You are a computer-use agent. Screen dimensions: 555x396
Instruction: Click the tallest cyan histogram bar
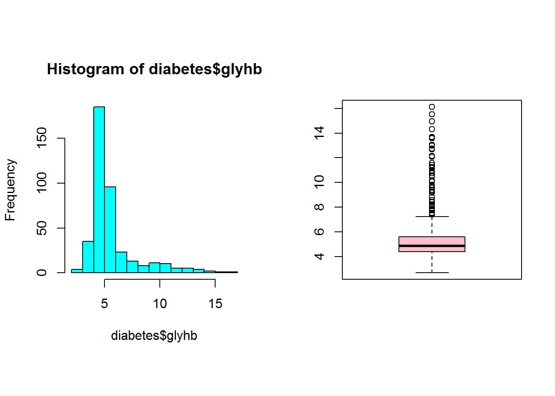click(99, 190)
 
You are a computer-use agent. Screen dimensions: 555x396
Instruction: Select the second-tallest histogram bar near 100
click(110, 230)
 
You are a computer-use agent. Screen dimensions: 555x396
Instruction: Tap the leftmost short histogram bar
click(77, 271)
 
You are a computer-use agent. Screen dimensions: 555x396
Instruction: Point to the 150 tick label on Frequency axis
click(42, 138)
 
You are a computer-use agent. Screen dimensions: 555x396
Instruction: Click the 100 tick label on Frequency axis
click(42, 183)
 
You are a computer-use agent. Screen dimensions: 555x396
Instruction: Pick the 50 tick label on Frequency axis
click(42, 228)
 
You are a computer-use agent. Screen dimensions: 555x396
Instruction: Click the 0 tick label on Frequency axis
click(42, 273)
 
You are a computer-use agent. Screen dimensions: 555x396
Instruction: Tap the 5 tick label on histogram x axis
click(104, 304)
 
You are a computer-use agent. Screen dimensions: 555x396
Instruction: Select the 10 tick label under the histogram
click(160, 304)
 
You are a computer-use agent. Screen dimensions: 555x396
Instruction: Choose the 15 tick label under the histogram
click(215, 304)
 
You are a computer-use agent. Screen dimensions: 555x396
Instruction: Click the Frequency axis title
click(10, 190)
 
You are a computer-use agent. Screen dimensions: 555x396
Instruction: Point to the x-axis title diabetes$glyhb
click(154, 336)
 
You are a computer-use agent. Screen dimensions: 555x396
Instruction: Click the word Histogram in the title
click(85, 69)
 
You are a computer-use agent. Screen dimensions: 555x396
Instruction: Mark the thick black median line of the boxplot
click(432, 246)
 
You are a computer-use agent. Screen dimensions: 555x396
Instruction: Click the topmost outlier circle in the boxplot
click(432, 107)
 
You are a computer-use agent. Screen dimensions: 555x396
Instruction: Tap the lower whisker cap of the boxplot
click(432, 273)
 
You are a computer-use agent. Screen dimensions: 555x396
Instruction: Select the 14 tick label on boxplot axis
click(319, 133)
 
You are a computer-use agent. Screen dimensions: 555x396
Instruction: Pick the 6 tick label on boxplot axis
click(319, 232)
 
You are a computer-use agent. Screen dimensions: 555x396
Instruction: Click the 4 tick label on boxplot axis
click(319, 257)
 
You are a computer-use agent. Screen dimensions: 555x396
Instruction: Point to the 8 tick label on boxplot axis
click(319, 207)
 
